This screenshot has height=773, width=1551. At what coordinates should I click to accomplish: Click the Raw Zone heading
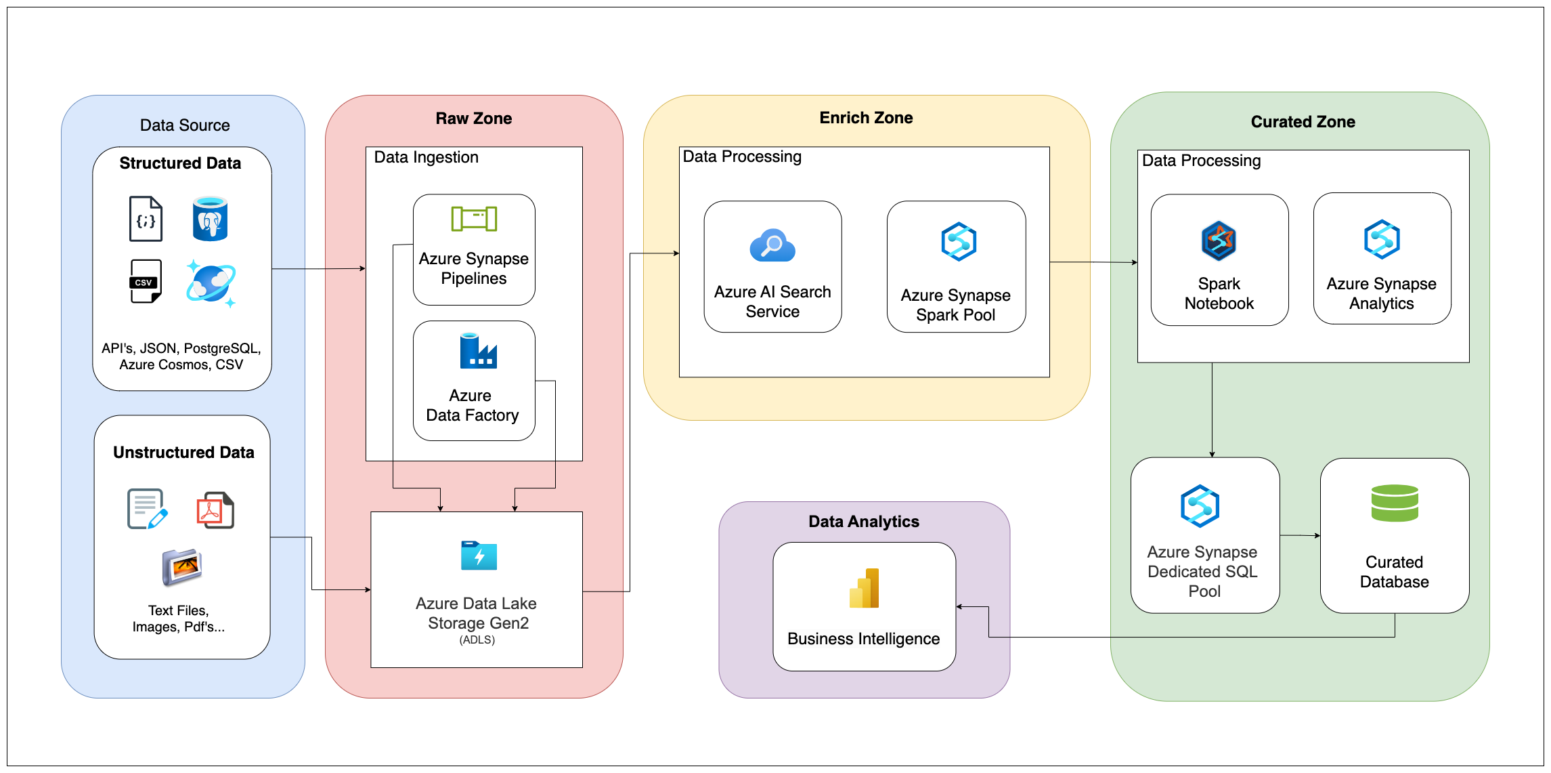click(x=473, y=119)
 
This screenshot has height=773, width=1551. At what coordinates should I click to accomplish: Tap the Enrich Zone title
click(x=865, y=118)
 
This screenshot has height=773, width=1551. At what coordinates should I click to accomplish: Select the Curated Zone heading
click(x=1302, y=122)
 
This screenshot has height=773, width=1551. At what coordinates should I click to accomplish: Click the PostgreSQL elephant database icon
click(x=210, y=219)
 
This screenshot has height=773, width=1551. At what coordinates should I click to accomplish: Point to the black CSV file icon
click(x=146, y=281)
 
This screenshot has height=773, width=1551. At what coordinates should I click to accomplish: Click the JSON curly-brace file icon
click(x=146, y=219)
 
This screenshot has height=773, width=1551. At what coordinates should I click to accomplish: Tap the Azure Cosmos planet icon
click(x=211, y=283)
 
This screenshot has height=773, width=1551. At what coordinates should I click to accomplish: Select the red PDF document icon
click(x=215, y=510)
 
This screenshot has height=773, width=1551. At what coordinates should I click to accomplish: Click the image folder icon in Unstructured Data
click(x=181, y=567)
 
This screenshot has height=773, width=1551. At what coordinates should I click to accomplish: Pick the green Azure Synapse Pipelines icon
click(x=474, y=219)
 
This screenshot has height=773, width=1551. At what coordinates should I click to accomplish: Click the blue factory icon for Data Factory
click(x=478, y=351)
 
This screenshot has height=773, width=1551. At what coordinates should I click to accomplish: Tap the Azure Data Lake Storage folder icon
click(x=479, y=556)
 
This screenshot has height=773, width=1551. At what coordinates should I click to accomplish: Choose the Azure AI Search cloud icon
click(x=772, y=246)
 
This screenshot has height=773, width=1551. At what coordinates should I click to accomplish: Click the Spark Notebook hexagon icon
click(x=1218, y=241)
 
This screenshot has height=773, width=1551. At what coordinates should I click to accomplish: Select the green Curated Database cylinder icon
click(x=1394, y=503)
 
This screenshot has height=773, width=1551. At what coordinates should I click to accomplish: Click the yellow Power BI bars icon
click(x=864, y=588)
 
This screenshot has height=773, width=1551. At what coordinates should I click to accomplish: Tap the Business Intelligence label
click(x=863, y=639)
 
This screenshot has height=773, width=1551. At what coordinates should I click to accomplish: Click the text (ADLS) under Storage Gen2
click(x=477, y=640)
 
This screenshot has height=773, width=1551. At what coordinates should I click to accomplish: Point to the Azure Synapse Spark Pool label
click(x=955, y=305)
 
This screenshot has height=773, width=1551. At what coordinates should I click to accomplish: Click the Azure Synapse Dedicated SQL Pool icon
click(x=1200, y=506)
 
